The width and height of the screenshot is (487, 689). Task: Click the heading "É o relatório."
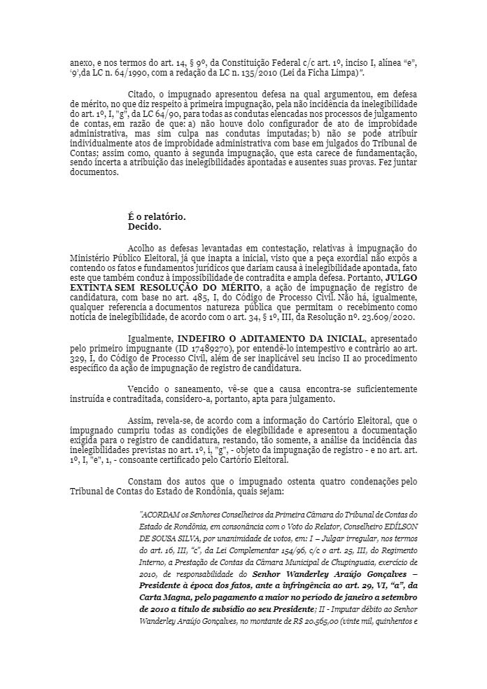point(157,216)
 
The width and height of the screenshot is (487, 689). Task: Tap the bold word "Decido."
point(145,226)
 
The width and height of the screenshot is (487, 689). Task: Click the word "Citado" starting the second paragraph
point(143,93)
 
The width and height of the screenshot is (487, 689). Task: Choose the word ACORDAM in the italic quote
point(162,514)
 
